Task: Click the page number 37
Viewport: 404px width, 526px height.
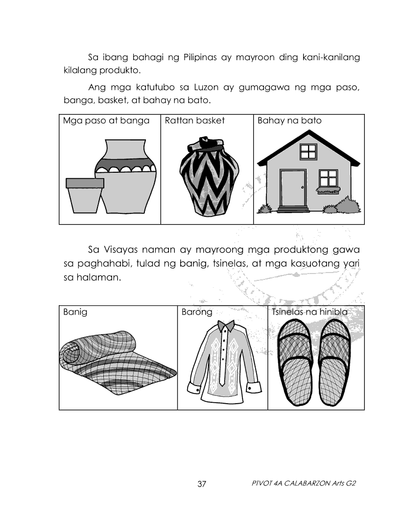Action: [x=202, y=484]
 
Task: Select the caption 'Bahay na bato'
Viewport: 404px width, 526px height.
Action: [x=289, y=120]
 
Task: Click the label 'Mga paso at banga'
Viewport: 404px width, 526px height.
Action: [x=106, y=120]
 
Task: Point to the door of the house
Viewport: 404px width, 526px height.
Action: [x=293, y=188]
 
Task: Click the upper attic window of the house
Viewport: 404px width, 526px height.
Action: [x=308, y=151]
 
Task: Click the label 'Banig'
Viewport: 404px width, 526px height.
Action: [x=75, y=312]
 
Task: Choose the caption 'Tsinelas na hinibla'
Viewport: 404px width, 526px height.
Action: [x=309, y=312]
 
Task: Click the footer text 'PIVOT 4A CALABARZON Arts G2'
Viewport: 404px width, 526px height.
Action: [x=303, y=483]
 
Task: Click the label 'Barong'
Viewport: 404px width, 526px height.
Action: [x=197, y=312]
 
